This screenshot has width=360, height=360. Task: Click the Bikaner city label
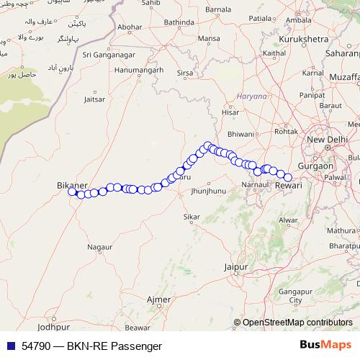click(72, 185)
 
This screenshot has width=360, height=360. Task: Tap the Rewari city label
click(289, 186)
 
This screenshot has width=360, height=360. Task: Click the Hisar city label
click(230, 112)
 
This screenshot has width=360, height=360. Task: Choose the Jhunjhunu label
click(209, 191)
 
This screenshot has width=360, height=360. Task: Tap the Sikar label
click(192, 216)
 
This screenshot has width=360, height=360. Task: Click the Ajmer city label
click(158, 298)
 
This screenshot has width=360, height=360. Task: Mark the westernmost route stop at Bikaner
click(72, 192)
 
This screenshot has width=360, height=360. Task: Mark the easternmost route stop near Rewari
click(288, 177)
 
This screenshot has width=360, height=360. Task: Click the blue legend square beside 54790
click(9, 346)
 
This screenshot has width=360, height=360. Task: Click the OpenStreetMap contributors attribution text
click(297, 323)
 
